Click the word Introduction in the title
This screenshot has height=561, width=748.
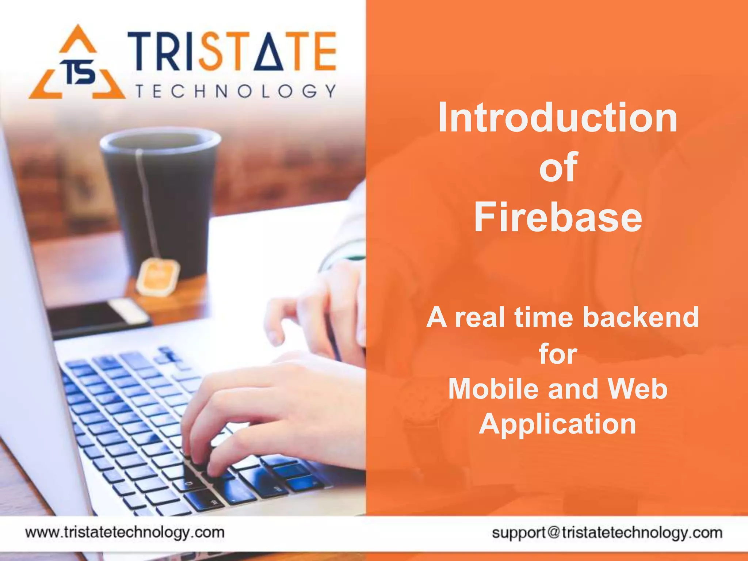(558, 118)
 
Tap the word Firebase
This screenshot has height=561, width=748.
(558, 217)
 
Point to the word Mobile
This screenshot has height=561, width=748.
(493, 389)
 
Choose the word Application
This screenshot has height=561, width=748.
(558, 424)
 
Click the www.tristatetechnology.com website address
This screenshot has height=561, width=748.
(125, 532)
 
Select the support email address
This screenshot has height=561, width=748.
(607, 533)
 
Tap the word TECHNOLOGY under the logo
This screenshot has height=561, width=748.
(236, 91)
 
